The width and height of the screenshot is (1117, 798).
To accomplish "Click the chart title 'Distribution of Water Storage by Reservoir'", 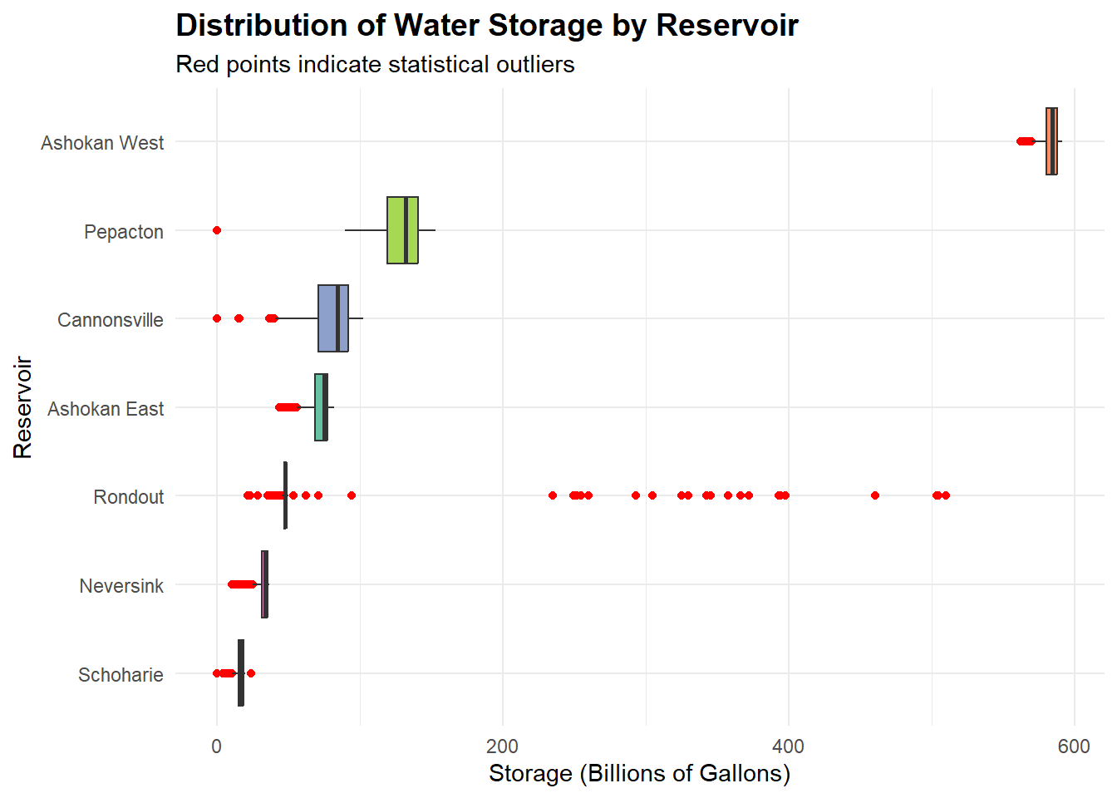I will pos(487,26).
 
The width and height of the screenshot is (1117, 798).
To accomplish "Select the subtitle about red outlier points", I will pos(375,65).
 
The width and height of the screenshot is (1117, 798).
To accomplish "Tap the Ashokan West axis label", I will pos(102,143).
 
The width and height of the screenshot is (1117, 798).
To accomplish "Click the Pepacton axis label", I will pos(124,232).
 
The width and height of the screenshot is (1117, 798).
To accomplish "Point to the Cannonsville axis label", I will pos(111,320).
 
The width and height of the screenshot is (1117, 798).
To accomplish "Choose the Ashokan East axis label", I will pos(106,409).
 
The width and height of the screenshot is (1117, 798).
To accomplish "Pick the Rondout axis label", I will pos(129,497).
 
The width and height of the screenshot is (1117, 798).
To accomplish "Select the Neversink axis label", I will pos(121,586).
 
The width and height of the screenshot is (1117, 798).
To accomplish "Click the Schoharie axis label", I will pos(121,675).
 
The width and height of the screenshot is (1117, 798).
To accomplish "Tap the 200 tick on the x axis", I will pos(503,746).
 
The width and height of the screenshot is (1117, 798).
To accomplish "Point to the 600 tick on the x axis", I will pos(1074,746).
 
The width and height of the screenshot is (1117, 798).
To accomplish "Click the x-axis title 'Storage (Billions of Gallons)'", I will pos(639,774).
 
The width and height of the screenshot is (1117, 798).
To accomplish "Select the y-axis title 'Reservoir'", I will pos(23,407).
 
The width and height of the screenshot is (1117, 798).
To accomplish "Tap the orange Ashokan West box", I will pos(1051,141).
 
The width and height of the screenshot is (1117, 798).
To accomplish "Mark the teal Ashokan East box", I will pos(319,407).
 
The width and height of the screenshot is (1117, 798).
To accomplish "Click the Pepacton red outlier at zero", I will pos(217,230).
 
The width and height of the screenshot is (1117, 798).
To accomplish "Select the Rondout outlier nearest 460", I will pos(875,495).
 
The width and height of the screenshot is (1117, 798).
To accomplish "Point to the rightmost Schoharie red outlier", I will pos(251,673).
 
